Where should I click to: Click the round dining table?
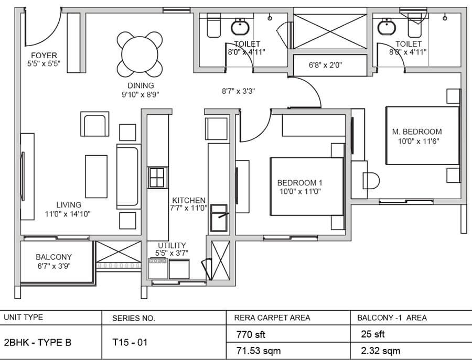pos(140,54)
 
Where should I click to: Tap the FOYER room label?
pos(44,56)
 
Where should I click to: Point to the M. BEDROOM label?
pos(417,132)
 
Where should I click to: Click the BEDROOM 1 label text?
pos(299,182)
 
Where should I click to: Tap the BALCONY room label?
pos(54,257)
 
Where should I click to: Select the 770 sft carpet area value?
pos(251,334)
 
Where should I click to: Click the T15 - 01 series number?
pos(130,342)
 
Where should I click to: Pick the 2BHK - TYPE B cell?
pos(38,342)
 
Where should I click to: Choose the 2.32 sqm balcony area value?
pos(381,351)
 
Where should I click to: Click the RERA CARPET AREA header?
pos(272,318)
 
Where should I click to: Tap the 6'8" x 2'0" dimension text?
pos(325,65)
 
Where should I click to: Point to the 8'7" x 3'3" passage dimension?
pos(239,91)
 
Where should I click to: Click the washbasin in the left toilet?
pos(240,27)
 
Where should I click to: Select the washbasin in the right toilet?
pos(387,27)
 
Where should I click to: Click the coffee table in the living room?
pos(96,177)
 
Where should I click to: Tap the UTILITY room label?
pos(172,245)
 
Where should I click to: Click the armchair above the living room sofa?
pos(94,124)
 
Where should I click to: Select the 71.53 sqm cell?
pos(258,351)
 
